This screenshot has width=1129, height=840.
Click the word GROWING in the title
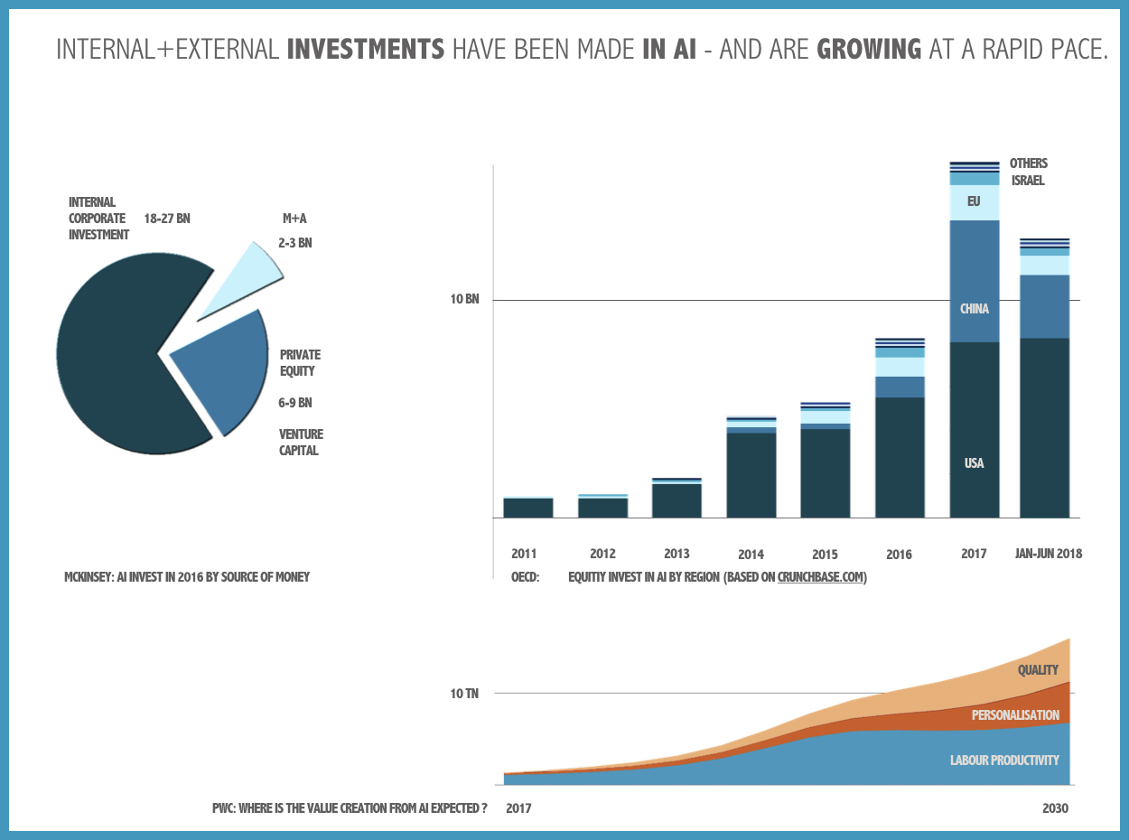click(869, 49)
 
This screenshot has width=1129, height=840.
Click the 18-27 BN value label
click(167, 219)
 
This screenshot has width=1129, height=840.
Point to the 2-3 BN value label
click(294, 244)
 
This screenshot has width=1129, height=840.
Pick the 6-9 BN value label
click(295, 403)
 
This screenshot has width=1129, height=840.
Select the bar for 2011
click(528, 508)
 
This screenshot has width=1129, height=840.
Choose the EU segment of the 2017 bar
click(974, 202)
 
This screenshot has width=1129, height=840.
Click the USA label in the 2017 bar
click(974, 463)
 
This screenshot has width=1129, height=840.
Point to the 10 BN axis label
click(464, 300)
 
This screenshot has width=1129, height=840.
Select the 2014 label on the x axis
click(751, 555)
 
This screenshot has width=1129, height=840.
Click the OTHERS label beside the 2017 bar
click(1029, 163)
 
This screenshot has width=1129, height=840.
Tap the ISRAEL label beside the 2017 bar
click(1028, 181)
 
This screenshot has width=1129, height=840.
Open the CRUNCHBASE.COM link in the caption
click(822, 577)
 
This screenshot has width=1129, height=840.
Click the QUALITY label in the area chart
click(1038, 670)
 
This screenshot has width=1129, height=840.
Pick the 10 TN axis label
click(464, 694)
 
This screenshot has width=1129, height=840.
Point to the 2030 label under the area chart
click(1055, 808)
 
